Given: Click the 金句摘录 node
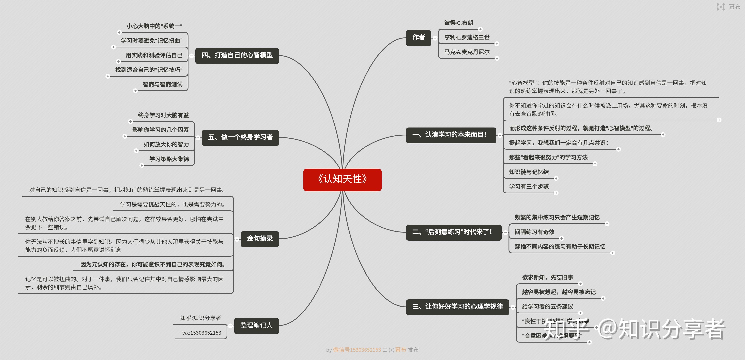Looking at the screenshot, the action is [259, 239].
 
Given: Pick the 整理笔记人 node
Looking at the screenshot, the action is [256, 326].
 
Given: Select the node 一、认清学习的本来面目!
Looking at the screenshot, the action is [451, 135].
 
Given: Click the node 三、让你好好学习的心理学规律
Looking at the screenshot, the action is [457, 307].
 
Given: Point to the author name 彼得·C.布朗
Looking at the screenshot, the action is [458, 23].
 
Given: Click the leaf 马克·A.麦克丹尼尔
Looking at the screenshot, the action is [467, 52].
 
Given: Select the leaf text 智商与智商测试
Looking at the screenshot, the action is [162, 85].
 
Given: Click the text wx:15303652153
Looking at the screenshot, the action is [202, 333].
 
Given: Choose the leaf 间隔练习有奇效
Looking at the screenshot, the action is [534, 232].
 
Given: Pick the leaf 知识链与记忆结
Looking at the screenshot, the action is [529, 172].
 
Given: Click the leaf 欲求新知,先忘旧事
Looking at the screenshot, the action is [547, 277].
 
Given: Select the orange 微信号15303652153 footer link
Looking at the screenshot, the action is [357, 350].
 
